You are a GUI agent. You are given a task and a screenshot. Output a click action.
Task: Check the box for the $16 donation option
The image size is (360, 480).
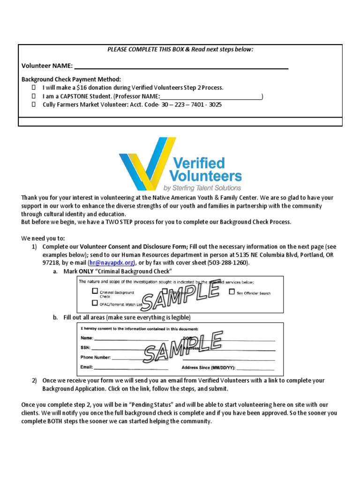tap(34, 88)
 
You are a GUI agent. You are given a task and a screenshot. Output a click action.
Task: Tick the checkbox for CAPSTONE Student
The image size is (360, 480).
tap(34, 96)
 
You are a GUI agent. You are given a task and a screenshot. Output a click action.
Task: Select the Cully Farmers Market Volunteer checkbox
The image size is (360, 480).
tap(34, 105)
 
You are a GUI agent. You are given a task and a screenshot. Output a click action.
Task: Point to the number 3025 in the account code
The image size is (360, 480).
tap(215, 105)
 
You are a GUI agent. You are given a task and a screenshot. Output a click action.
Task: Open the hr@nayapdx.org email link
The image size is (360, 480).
tap(112, 263)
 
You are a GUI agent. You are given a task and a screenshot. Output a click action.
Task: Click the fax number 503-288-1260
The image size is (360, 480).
tap(227, 263)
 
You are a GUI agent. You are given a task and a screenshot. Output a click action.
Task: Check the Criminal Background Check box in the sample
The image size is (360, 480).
tap(95, 291)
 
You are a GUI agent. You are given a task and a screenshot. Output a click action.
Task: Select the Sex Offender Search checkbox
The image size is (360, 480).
tap(232, 292)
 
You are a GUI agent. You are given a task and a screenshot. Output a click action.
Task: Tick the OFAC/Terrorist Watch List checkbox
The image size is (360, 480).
tap(95, 303)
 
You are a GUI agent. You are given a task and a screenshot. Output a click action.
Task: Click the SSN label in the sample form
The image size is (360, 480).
tap(85, 348)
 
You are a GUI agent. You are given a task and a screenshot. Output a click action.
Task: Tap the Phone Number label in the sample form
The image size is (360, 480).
tap(96, 358)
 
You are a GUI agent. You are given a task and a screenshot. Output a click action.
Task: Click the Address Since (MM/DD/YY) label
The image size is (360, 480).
tap(208, 368)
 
